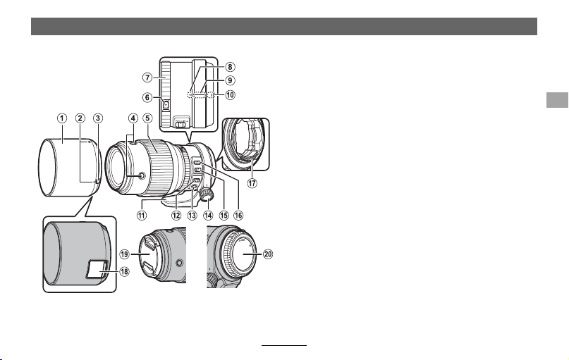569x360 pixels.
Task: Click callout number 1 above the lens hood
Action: point(62,118)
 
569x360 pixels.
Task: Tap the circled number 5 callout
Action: point(147,118)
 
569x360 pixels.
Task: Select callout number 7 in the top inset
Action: point(147,77)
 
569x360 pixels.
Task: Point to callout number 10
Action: point(230,95)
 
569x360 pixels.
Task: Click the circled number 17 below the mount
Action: point(252,183)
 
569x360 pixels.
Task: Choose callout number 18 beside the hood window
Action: point(124,271)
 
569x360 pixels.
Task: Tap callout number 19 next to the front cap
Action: point(125,254)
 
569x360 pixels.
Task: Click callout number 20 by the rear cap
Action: point(268,254)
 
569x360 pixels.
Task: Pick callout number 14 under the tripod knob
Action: point(208,216)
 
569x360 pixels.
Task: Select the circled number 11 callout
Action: point(142,216)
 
